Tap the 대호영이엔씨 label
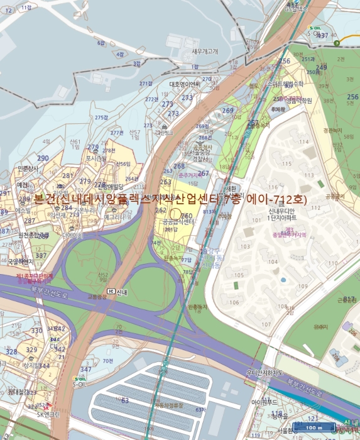tap(184, 84)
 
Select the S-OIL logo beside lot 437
tap(316, 29)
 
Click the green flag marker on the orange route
tap(337, 42)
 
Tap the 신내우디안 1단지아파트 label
tap(282, 214)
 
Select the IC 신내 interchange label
tap(117, 291)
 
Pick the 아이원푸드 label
tap(265, 401)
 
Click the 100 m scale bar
tap(314, 427)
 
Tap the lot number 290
tap(43, 158)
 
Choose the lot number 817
tap(350, 299)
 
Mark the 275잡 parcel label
tap(101, 118)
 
